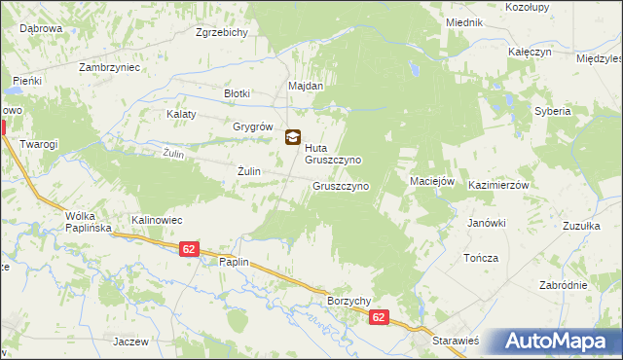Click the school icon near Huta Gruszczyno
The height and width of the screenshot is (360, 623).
pyautogui.click(x=292, y=138)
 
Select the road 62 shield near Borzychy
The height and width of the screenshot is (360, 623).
pyautogui.click(x=380, y=318)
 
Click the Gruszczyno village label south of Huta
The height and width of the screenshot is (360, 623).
pyautogui.click(x=340, y=185)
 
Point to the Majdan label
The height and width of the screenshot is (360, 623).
pyautogui.click(x=305, y=86)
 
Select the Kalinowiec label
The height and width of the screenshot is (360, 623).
pyautogui.click(x=157, y=220)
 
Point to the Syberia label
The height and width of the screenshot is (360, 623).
pyautogui.click(x=552, y=112)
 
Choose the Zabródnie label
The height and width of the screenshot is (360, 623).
pyautogui.click(x=564, y=285)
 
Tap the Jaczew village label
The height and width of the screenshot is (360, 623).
pyautogui.click(x=130, y=342)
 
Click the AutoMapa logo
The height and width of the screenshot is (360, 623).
pyautogui.click(x=558, y=342)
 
